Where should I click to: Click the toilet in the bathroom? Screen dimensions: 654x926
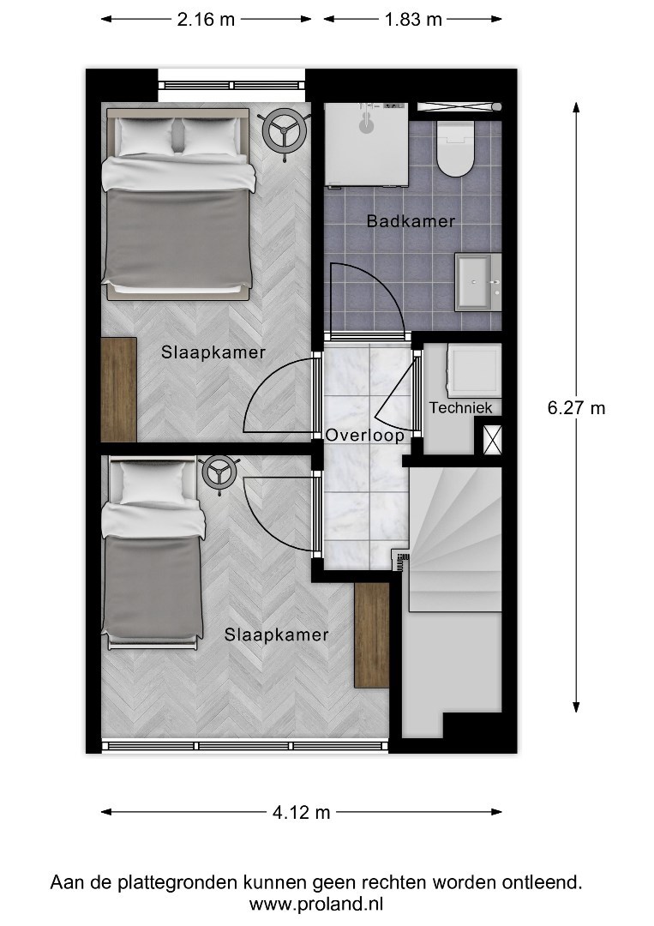pos(456,149)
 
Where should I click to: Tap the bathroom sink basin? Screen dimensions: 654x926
pos(478,282)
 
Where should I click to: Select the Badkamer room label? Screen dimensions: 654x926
pos(411,221)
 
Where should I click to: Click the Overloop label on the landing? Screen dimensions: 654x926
pos(365,436)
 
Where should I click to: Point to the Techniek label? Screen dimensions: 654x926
pos(460,407)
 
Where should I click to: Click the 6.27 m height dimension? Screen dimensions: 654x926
pos(576,407)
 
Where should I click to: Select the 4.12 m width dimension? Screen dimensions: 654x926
pos(301,813)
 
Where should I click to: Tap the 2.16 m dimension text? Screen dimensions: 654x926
pos(206,20)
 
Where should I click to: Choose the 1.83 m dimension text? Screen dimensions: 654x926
pos(413,20)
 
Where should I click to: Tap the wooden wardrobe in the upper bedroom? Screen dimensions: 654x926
pos(118,389)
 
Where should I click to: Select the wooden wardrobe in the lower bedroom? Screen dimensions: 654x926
pos(372,634)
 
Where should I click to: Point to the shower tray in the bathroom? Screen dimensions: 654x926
pos(367,145)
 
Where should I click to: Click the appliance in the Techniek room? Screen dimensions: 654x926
pos(473,371)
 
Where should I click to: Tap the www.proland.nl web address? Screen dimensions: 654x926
pos(316,905)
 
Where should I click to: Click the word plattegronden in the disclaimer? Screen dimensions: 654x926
pos(179,883)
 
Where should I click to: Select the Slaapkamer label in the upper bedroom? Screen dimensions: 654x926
pos(213,352)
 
